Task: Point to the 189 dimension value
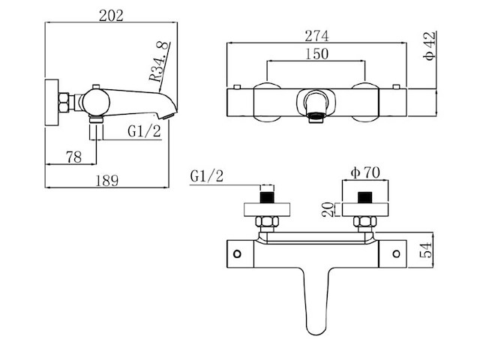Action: (x=109, y=179)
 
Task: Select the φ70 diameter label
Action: (x=365, y=174)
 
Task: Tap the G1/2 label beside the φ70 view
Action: (x=207, y=176)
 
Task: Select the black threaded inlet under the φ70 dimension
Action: (x=365, y=198)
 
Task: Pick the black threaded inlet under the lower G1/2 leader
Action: (x=265, y=198)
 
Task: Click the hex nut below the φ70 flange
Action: (x=365, y=223)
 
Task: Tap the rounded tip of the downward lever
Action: (x=316, y=328)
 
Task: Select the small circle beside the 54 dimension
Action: (x=394, y=253)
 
